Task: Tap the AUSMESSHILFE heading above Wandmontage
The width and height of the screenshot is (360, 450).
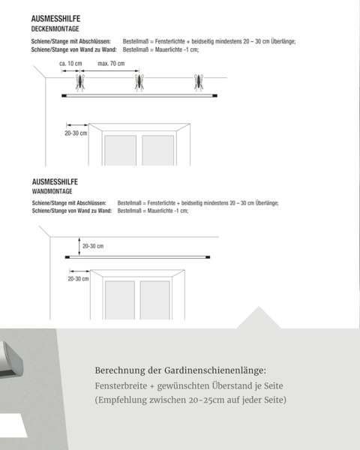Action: click(55, 182)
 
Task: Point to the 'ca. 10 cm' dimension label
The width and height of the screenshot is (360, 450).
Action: click(70, 64)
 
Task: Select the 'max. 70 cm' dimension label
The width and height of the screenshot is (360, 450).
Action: click(111, 64)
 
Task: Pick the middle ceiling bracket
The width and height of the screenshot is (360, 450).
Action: click(139, 82)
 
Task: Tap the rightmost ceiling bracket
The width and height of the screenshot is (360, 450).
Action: click(199, 82)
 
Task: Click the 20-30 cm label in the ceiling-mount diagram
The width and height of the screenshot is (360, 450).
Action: click(76, 133)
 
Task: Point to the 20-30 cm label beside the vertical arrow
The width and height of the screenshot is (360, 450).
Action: click(93, 246)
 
